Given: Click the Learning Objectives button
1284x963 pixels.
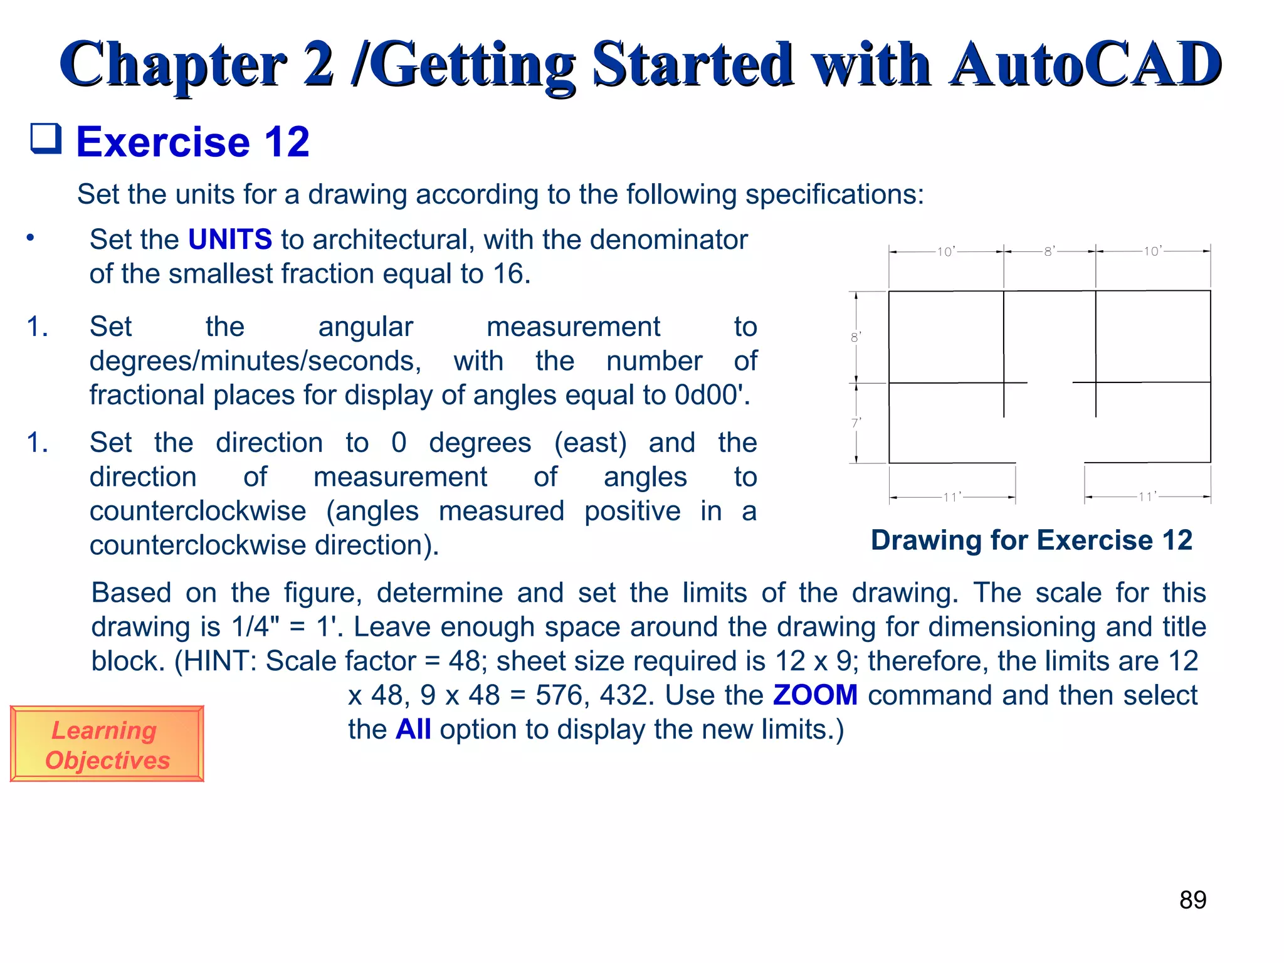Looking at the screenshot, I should tap(107, 744).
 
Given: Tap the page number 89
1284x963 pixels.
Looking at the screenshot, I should tap(1192, 900).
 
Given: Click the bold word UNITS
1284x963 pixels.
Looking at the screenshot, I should tap(230, 239).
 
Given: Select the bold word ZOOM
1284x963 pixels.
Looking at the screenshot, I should tap(815, 695).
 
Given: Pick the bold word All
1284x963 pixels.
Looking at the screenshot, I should tap(413, 730).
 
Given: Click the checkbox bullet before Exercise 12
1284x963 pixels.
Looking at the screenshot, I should tap(46, 139).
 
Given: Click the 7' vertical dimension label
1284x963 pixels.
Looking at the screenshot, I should tap(856, 423).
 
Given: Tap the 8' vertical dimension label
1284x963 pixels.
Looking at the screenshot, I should tap(856, 337).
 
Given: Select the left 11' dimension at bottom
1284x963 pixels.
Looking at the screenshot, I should tap(952, 497).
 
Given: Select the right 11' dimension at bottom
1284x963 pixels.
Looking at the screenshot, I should tap(1147, 497).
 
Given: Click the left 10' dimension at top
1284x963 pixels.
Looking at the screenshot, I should tap(945, 252).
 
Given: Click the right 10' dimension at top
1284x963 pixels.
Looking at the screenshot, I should tap(1152, 251).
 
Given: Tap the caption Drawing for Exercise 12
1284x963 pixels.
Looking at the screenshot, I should tap(1031, 540).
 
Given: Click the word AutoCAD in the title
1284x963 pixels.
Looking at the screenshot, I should tap(1085, 64).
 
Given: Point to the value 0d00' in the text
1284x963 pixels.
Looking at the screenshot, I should tap(712, 396).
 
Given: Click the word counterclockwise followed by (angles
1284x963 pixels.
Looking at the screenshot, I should tap(197, 512).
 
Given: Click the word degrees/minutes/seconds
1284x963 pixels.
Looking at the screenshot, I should tap(255, 362).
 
